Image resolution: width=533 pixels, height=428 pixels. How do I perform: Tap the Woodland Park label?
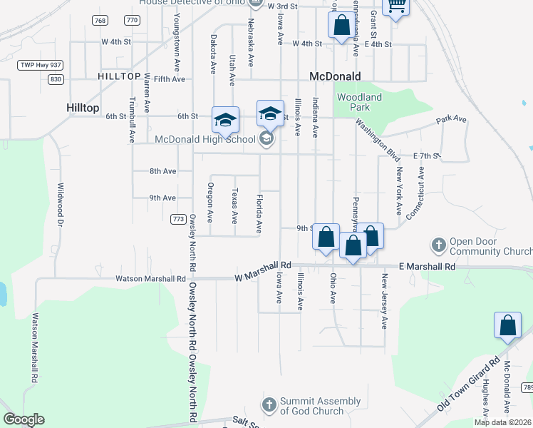(359, 102)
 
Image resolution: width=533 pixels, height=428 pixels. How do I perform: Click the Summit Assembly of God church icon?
(269, 405)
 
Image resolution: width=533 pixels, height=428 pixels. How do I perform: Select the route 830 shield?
(56, 79)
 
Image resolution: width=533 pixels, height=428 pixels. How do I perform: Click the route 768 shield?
(100, 21)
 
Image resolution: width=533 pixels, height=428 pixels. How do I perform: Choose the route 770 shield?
(131, 21)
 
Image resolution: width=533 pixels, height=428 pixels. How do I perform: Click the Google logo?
(23, 419)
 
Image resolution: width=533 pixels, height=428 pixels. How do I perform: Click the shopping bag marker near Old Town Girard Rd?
(508, 326)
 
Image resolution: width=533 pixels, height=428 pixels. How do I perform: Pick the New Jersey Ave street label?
(384, 300)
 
